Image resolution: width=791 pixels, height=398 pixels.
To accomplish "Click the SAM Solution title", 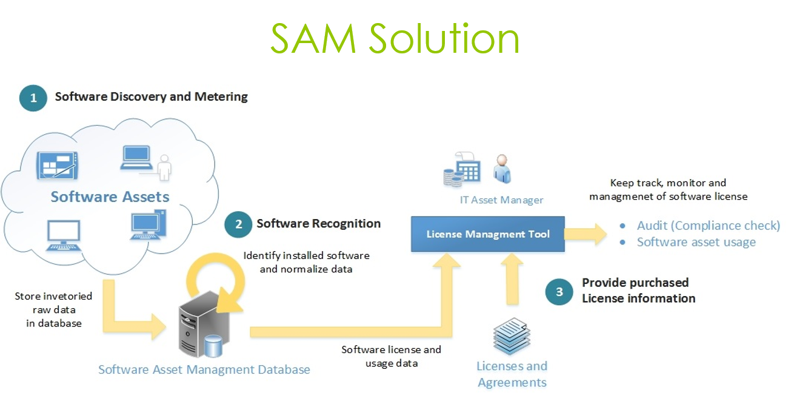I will tap(395, 39).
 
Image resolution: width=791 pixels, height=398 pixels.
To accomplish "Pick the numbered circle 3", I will tap(559, 291).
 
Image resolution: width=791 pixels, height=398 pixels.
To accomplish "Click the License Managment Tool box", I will tap(488, 234).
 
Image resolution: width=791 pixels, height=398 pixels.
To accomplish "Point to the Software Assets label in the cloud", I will tap(110, 197).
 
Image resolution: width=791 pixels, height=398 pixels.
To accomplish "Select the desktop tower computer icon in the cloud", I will tap(149, 225).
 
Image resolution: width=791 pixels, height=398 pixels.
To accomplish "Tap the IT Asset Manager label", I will tap(501, 200).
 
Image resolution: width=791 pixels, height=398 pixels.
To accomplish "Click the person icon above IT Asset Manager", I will tap(502, 168).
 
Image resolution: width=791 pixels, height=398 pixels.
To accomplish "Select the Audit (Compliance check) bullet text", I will tap(708, 226).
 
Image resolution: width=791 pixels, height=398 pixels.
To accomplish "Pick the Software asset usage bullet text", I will tap(696, 242).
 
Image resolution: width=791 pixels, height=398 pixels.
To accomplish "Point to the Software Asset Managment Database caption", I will tap(204, 369).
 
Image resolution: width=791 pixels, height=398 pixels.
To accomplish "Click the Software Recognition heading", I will tap(318, 223).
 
